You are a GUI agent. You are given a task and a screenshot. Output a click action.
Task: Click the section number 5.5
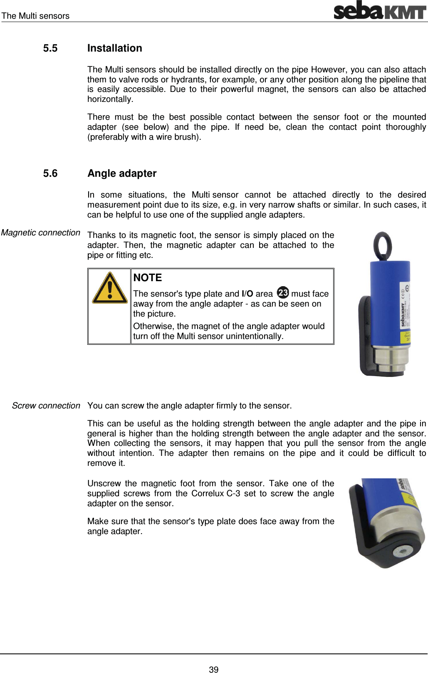(50, 48)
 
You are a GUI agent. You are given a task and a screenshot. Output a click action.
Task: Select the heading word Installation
(115, 48)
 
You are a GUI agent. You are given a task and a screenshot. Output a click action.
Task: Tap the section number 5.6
(50, 173)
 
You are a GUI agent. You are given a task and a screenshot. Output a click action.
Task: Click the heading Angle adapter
(122, 173)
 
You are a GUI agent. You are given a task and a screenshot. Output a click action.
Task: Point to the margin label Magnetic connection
(40, 233)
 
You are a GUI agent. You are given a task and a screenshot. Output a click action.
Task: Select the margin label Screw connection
(46, 406)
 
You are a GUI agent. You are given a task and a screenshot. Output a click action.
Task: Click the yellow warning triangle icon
(109, 288)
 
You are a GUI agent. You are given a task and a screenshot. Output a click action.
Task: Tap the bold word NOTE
(148, 277)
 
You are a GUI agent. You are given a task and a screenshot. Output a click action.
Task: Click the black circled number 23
(283, 292)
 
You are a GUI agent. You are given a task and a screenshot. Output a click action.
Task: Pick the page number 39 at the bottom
(214, 669)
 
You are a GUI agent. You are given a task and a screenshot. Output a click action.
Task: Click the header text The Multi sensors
(35, 16)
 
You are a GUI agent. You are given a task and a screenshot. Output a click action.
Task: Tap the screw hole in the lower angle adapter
(401, 552)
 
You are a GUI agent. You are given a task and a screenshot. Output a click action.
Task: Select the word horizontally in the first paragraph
(110, 99)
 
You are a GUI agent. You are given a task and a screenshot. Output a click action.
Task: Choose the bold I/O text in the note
(247, 294)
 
